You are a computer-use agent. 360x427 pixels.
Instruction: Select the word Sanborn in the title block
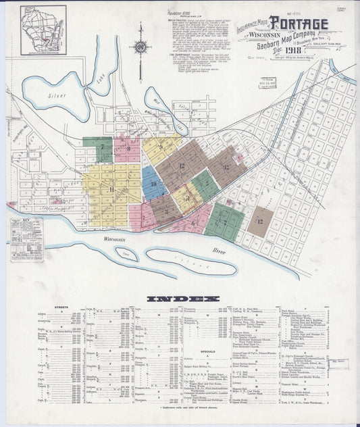coord(277,43)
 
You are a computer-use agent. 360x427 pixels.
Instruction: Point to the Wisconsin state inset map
coord(43,29)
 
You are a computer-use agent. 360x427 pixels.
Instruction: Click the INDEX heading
coord(183,299)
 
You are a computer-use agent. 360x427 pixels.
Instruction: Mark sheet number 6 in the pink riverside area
coord(192,223)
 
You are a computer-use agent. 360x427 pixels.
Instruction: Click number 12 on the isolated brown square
coord(259,220)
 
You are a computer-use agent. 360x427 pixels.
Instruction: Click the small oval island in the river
coord(126,254)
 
